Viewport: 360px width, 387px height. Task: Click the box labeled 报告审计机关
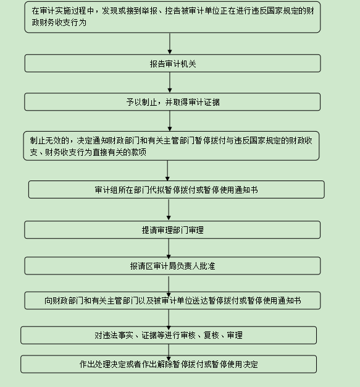(x=173, y=64)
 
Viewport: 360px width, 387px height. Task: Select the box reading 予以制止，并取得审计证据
(x=172, y=101)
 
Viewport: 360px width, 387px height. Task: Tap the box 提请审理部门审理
(x=172, y=230)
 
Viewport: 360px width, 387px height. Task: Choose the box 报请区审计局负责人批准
(x=172, y=266)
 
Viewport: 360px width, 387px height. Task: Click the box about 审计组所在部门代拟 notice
(x=177, y=190)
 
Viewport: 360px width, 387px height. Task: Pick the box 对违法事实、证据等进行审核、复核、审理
(x=169, y=335)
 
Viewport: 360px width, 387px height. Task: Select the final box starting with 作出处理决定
(x=169, y=364)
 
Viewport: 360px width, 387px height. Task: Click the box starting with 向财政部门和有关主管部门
(x=172, y=300)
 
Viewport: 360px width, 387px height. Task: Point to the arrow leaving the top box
(x=170, y=43)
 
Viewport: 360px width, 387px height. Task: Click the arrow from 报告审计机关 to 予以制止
(x=170, y=82)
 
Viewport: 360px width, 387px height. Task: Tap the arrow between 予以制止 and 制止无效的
(x=170, y=121)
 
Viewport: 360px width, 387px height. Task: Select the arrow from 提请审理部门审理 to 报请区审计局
(x=169, y=247)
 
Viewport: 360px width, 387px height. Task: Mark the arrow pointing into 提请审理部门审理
(x=169, y=210)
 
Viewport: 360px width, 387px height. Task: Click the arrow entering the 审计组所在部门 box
(x=167, y=171)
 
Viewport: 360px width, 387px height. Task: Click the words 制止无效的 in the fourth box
(x=49, y=140)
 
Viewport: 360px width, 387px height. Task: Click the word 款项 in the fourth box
(x=138, y=152)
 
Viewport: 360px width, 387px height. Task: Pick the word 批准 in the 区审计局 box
(x=207, y=266)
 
